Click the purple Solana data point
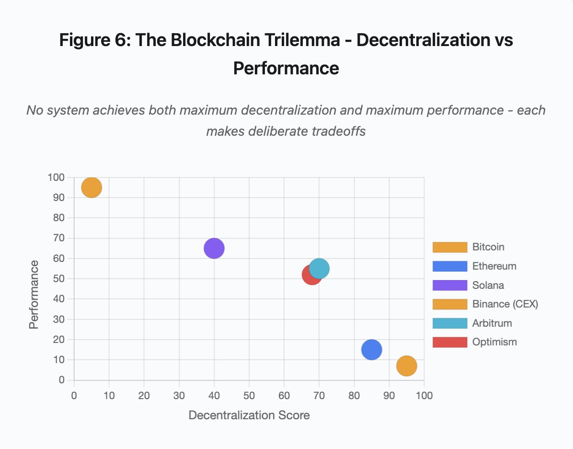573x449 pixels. [214, 248]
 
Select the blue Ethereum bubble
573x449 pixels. [371, 349]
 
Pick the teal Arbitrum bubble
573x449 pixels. [320, 268]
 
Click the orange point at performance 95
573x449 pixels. [92, 188]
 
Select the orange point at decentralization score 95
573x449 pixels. [406, 366]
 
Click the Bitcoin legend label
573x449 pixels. [488, 247]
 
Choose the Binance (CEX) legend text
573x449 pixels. [505, 304]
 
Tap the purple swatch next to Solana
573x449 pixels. [449, 285]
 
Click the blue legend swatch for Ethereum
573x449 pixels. [449, 266]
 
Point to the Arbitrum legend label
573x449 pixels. [492, 323]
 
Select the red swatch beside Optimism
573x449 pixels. [449, 342]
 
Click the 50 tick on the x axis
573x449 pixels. [249, 395]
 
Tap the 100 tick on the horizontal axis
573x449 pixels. [424, 395]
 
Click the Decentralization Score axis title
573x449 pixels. [249, 415]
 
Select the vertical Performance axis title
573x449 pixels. [34, 295]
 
